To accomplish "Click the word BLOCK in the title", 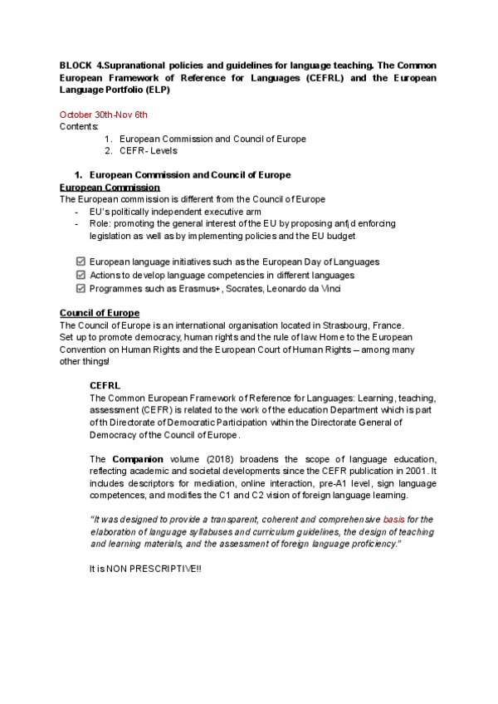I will (76, 65).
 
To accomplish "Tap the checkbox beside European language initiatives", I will (81, 262).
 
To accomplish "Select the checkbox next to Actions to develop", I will (81, 275).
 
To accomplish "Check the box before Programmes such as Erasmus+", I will (81, 288).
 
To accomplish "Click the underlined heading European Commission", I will (110, 188).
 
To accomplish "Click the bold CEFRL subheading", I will (105, 385).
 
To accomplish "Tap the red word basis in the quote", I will (393, 519).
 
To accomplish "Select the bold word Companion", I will (137, 458).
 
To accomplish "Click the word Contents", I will (79, 126).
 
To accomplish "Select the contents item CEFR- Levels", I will (149, 150).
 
